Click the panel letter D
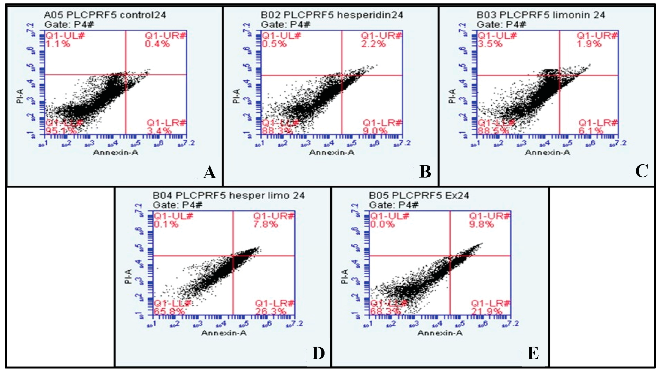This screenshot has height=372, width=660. [318, 353]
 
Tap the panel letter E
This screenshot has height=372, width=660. [533, 353]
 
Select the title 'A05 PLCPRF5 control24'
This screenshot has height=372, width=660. [105, 15]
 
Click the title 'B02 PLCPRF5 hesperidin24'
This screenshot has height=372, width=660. [332, 15]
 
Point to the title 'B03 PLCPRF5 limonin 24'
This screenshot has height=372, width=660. [541, 15]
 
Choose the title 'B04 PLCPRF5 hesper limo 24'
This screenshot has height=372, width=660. [229, 196]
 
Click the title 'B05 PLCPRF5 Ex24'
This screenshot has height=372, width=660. [419, 196]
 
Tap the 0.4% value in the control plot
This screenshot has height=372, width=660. [157, 44]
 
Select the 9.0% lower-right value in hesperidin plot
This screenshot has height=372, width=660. [375, 131]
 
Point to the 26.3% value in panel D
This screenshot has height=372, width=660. [270, 312]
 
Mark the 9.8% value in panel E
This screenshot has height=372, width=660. [481, 224]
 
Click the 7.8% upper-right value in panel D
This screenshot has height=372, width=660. [266, 224]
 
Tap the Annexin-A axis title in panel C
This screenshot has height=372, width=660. [548, 153]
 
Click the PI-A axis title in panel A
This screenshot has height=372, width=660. [20, 96]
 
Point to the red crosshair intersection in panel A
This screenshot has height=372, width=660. [126, 75]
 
